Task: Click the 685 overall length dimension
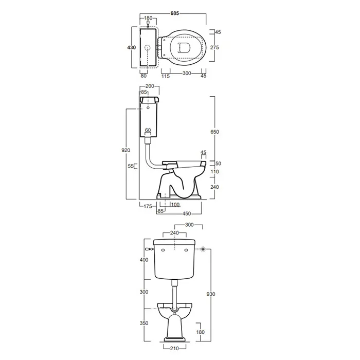click(x=174, y=13)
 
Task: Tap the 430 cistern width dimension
click(x=131, y=47)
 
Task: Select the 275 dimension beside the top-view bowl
click(x=214, y=47)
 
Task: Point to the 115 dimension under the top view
click(x=166, y=76)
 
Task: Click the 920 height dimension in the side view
click(x=125, y=150)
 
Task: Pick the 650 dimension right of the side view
click(x=214, y=132)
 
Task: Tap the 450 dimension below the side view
click(x=186, y=213)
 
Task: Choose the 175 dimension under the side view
click(x=148, y=206)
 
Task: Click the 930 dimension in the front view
click(x=210, y=294)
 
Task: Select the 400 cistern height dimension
click(x=144, y=260)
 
